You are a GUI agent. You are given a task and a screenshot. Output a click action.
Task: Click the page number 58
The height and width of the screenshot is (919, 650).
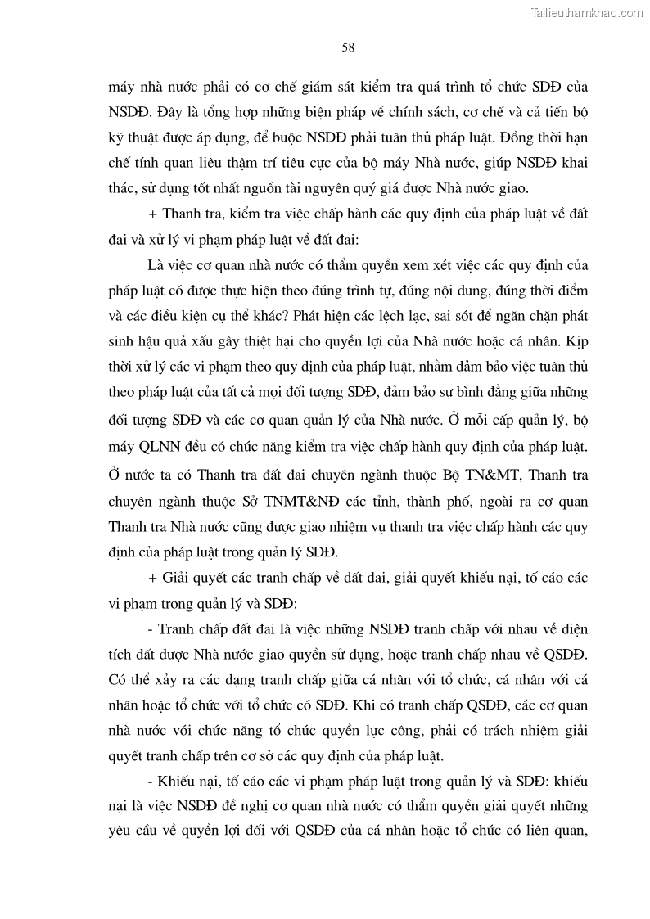pos(347,48)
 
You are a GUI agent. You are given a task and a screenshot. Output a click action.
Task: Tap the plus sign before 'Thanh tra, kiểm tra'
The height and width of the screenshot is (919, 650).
pos(153,214)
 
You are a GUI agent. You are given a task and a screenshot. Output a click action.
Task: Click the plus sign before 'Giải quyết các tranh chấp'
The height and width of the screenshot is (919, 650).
pos(153,579)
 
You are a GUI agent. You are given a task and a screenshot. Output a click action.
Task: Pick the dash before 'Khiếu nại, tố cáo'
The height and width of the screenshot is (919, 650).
pos(150,782)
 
